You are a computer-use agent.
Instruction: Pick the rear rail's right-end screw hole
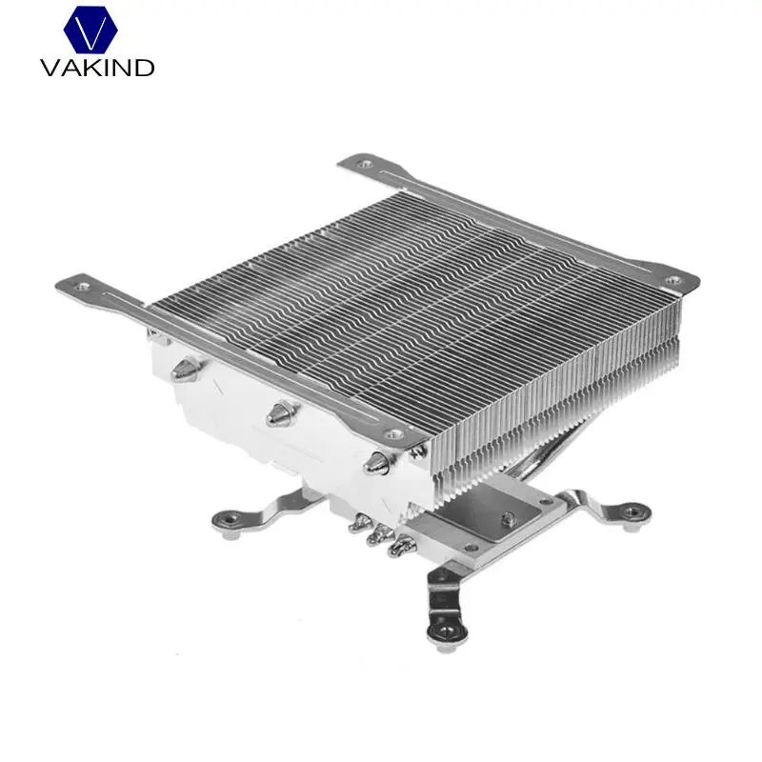point(672,280)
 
